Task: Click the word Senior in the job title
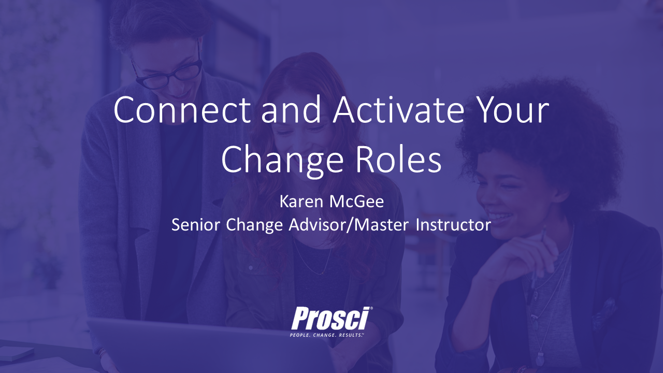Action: pyautogui.click(x=195, y=225)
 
